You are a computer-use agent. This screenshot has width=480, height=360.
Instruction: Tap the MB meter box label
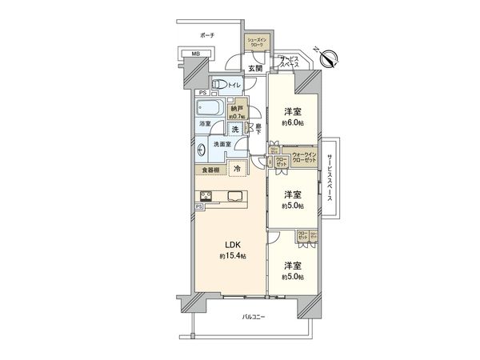193,55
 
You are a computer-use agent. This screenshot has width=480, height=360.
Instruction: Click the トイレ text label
236,85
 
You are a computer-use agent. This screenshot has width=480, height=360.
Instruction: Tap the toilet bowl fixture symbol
217,85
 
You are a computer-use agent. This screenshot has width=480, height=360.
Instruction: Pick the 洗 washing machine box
235,129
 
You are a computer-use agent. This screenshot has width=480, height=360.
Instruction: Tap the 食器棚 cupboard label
210,170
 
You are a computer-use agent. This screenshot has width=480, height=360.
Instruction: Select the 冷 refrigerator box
238,169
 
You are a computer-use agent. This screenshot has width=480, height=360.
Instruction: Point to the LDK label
230,246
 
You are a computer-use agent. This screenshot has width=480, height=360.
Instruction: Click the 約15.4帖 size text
230,257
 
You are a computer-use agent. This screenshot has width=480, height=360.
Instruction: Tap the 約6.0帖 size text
294,123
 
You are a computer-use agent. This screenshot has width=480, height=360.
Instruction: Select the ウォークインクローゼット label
306,157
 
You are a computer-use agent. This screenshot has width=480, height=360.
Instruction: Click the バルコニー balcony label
254,318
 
